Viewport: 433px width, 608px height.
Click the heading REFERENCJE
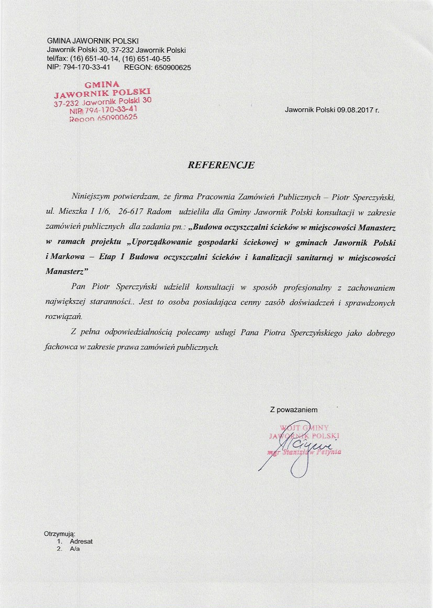click(221, 165)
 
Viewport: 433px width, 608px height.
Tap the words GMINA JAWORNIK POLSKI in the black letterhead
click(93, 41)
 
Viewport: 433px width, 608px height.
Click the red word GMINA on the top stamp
click(102, 84)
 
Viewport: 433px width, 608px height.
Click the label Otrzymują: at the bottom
click(60, 534)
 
